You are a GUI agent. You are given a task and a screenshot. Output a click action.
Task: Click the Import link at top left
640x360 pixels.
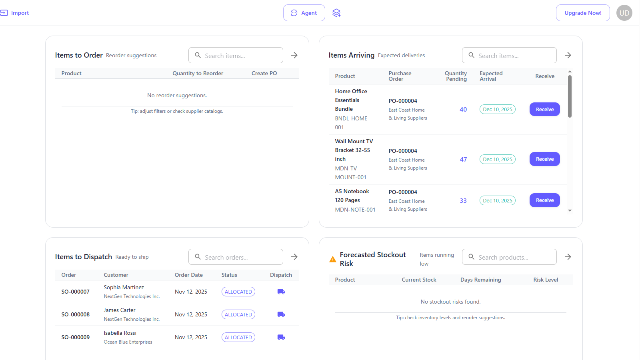click(x=14, y=13)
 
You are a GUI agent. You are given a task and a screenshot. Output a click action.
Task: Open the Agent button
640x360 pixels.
click(x=304, y=13)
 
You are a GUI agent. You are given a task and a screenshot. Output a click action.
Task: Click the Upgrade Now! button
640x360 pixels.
click(x=583, y=13)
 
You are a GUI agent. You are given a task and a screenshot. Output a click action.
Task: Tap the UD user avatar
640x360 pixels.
click(x=624, y=13)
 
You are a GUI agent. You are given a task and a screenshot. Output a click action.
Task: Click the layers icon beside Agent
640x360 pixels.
click(x=336, y=13)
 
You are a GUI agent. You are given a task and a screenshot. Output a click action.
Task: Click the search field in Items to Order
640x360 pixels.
click(x=236, y=56)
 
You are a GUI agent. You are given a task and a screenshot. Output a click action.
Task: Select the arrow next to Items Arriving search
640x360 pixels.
click(x=568, y=55)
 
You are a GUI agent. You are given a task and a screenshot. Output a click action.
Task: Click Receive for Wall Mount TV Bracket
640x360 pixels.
click(x=544, y=159)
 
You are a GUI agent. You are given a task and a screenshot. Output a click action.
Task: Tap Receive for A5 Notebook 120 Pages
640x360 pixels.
click(x=544, y=200)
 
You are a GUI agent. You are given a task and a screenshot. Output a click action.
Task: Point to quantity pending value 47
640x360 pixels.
click(x=463, y=160)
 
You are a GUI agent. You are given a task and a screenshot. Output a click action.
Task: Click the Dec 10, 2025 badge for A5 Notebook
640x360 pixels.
click(x=498, y=200)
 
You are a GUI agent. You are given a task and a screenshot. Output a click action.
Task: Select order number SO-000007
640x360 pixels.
click(x=76, y=292)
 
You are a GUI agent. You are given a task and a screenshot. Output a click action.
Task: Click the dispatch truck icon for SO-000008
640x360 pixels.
click(x=281, y=314)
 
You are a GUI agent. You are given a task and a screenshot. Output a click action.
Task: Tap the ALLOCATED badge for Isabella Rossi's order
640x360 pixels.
click(x=238, y=338)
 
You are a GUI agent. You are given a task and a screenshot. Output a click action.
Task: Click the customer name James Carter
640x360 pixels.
click(x=120, y=310)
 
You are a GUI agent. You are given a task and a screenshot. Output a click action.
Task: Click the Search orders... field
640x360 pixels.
click(x=236, y=257)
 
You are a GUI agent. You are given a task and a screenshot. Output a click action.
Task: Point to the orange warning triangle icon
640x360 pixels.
click(x=332, y=259)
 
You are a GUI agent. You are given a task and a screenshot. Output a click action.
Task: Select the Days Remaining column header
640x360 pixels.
click(x=480, y=280)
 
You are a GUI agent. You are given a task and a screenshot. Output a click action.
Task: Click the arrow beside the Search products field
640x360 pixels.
click(x=568, y=257)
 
